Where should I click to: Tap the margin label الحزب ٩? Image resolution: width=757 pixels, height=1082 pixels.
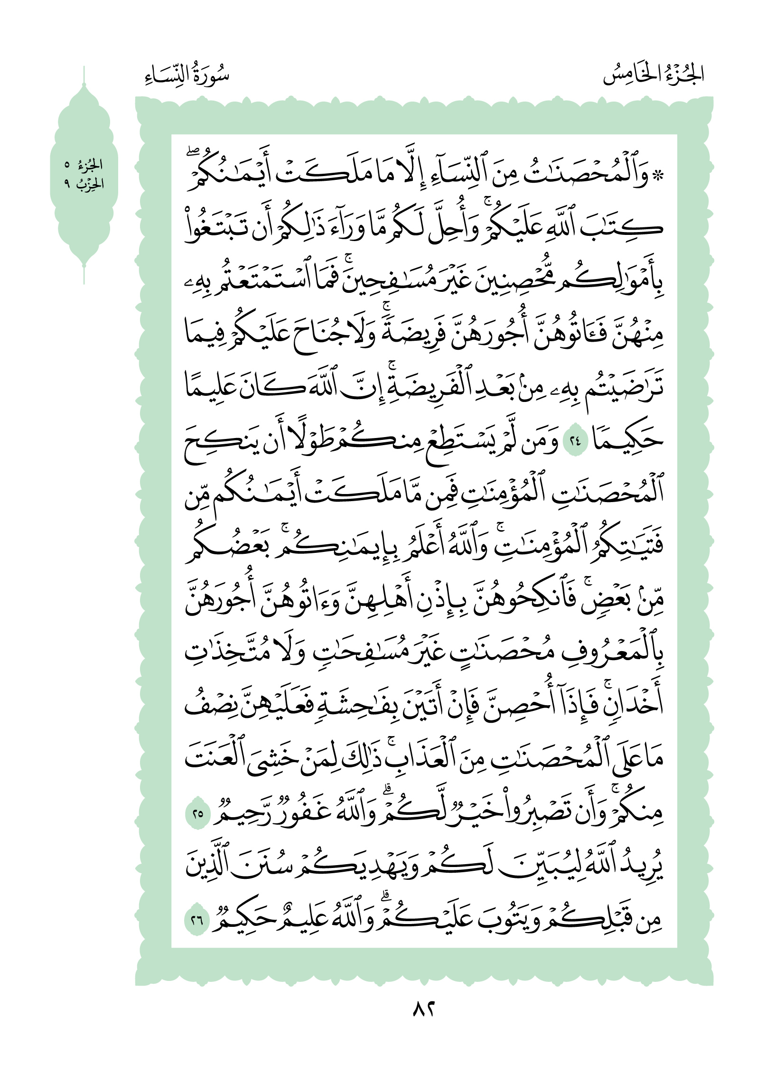pyautogui.click(x=84, y=184)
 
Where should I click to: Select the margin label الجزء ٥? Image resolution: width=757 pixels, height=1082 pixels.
pyautogui.click(x=84, y=165)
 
